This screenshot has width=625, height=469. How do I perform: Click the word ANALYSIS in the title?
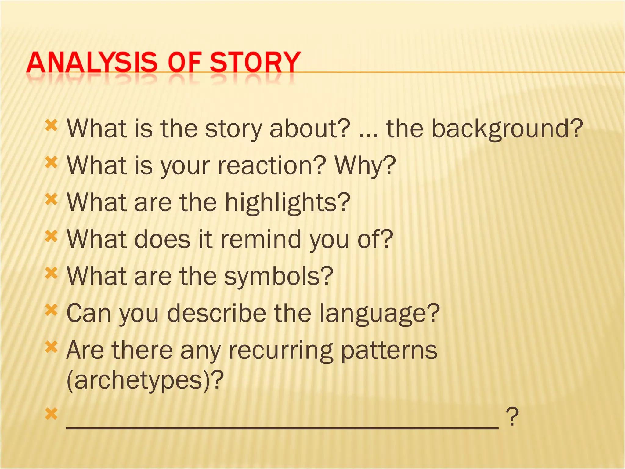click(92, 63)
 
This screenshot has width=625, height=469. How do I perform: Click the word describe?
click(217, 313)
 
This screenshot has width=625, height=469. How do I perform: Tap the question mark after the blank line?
click(512, 417)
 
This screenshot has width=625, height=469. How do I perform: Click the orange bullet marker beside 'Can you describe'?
click(51, 311)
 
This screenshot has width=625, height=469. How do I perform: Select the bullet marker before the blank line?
click(51, 414)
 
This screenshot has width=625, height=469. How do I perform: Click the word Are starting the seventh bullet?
click(85, 350)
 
